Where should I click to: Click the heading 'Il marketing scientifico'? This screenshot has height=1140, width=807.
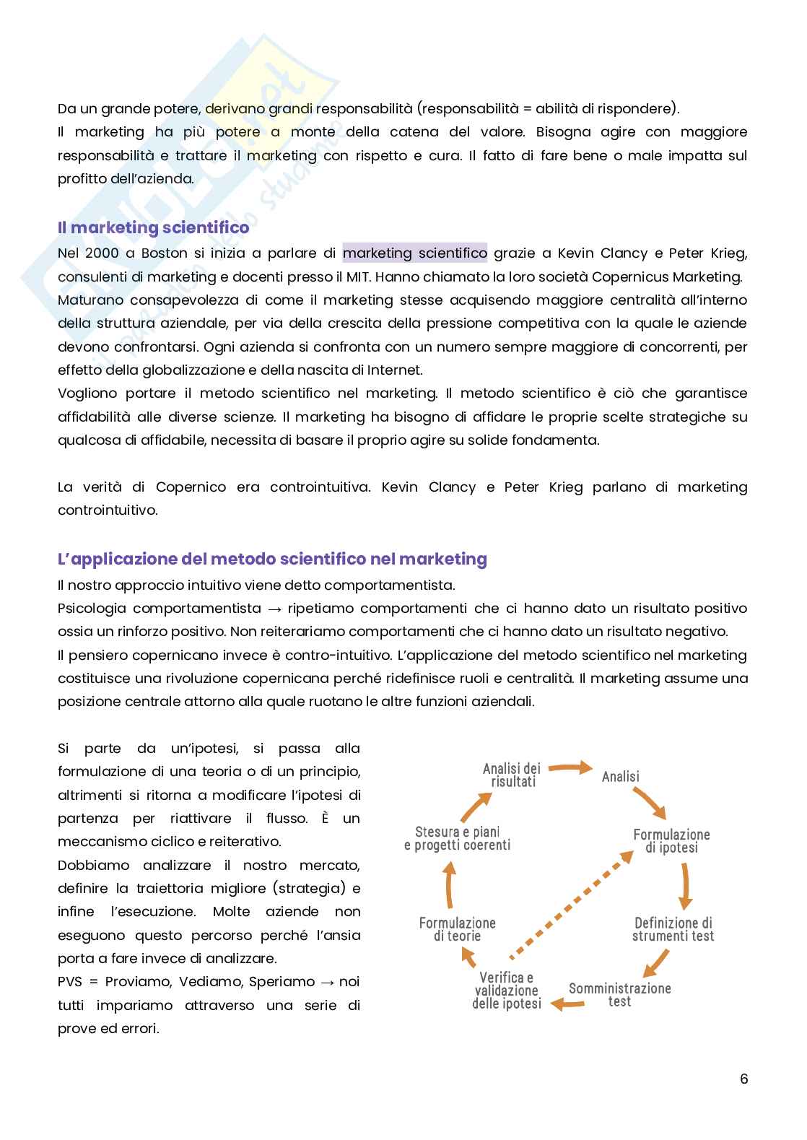pyautogui.click(x=153, y=227)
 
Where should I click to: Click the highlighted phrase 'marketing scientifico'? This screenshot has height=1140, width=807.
pyautogui.click(x=414, y=253)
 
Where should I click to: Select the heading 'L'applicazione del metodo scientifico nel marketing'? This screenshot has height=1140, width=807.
pyautogui.click(x=272, y=559)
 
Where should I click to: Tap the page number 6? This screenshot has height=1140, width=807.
pyautogui.click(x=743, y=1079)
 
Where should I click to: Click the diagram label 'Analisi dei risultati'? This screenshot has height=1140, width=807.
pyautogui.click(x=512, y=775)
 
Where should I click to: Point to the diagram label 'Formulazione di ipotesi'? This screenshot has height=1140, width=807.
pyautogui.click(x=671, y=841)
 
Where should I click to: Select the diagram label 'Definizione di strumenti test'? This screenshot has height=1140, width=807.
pyautogui.click(x=673, y=929)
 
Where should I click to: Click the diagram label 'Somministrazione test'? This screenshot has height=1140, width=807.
pyautogui.click(x=619, y=995)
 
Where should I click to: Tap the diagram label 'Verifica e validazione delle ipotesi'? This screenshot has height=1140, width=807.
pyautogui.click(x=507, y=991)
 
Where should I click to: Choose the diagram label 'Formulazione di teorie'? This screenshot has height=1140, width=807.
pyautogui.click(x=457, y=929)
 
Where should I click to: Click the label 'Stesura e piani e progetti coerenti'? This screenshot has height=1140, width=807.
pyautogui.click(x=457, y=838)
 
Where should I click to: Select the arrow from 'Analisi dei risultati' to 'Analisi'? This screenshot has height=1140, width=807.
pyautogui.click(x=571, y=767)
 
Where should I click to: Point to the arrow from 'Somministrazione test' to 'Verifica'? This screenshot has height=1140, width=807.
pyautogui.click(x=567, y=1003)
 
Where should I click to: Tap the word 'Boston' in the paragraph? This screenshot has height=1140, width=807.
pyautogui.click(x=164, y=253)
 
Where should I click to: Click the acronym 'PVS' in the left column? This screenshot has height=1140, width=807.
pyautogui.click(x=71, y=982)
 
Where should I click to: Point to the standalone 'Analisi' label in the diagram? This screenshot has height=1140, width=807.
pyautogui.click(x=620, y=777)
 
